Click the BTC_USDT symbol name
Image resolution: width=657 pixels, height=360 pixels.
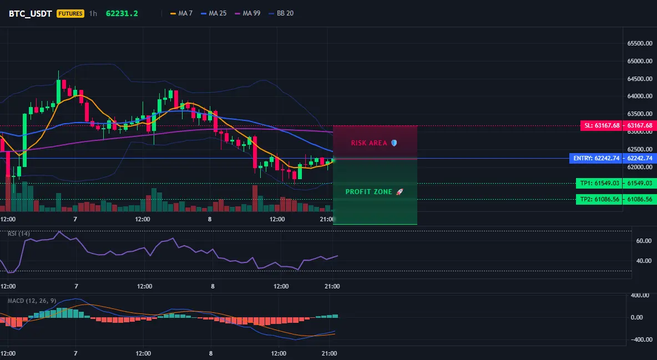30,13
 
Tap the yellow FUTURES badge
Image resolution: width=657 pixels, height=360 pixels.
70,13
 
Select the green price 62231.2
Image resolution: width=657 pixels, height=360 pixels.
122,13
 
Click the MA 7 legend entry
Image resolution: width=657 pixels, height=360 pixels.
181,13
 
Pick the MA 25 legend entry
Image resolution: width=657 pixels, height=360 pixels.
214,13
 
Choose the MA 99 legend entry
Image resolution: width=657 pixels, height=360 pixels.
247,13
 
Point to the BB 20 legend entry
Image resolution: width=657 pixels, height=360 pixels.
281,13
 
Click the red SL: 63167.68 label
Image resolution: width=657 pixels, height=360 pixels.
602,125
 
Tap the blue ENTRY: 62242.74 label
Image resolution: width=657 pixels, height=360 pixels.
595,159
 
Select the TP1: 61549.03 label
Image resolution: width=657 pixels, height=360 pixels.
599,183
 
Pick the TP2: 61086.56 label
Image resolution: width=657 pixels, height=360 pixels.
599,200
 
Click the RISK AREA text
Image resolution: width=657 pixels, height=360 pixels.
369,143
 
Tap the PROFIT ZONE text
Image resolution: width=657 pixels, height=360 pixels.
368,192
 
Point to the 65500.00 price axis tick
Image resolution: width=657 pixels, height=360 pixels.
640,44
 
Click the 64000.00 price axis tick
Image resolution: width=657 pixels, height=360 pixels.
640,97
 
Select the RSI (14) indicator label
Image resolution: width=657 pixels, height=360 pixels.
19,234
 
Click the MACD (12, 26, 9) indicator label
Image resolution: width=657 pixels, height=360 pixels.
32,301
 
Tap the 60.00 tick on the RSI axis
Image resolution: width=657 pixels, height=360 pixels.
644,241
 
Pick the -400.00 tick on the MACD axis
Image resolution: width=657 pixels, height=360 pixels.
641,339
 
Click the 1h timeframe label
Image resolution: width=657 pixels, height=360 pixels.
93,13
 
